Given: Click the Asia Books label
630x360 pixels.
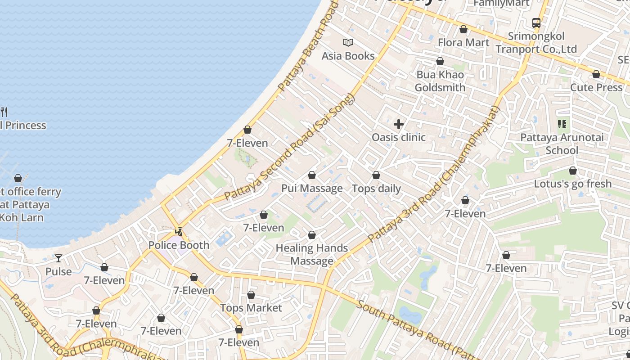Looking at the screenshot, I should [348, 56].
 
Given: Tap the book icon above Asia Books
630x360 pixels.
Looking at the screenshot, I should [348, 43].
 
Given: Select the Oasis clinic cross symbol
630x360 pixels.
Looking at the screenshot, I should [399, 124].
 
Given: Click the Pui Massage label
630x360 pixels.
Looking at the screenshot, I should [312, 188].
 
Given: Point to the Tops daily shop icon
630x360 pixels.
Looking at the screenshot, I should [376, 175].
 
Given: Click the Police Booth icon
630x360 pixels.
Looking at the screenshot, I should [179, 232].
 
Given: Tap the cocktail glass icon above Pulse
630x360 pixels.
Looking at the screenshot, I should [58, 258].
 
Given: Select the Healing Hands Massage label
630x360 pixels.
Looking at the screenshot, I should [312, 254].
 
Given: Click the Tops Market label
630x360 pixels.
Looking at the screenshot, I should [251, 308].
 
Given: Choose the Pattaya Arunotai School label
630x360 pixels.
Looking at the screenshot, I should [562, 144].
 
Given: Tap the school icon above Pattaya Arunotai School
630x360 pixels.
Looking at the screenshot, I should [562, 124].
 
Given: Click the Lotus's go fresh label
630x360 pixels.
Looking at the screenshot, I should [573, 184].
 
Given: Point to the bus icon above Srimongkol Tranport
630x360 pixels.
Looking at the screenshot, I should [536, 22].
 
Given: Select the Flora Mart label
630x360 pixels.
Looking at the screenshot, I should [463, 42].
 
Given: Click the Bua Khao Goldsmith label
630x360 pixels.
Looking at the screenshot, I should [440, 81].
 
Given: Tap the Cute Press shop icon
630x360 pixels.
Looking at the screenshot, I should [596, 74].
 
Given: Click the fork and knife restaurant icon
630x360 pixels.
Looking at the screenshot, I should [4, 112].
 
